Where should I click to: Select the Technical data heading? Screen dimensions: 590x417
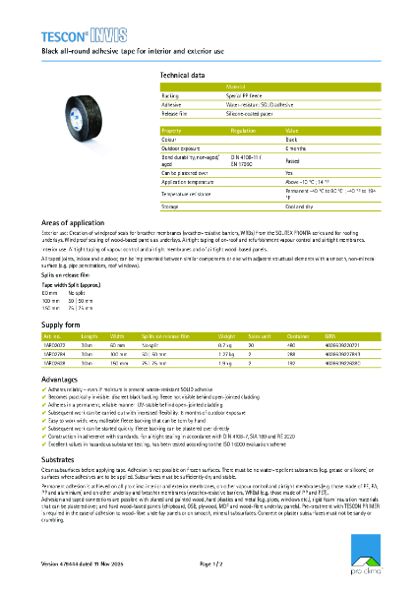[183, 75]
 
